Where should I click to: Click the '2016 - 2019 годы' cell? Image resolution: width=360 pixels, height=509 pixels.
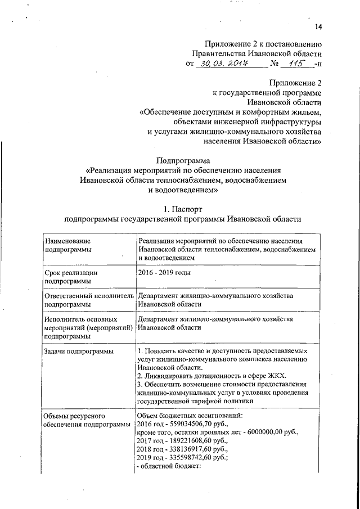tap(164, 273)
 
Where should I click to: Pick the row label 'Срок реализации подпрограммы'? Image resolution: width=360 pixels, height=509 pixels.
tap(70, 277)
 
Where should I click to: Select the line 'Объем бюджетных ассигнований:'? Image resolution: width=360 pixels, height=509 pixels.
tap(190, 415)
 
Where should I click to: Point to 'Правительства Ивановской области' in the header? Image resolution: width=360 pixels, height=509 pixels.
tap(256, 53)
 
